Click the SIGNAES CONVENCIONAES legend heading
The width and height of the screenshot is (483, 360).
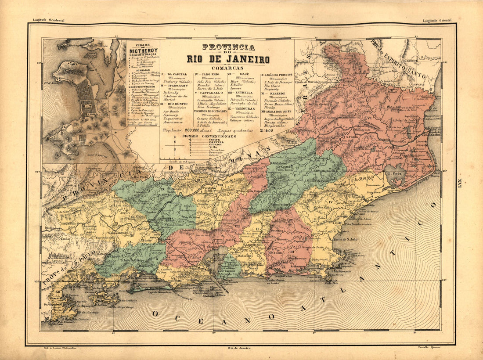coord(212,136)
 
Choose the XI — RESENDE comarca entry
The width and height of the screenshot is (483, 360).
coord(275,94)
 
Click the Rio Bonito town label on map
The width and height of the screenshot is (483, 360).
coord(276,253)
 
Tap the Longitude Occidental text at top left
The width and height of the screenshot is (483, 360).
coord(49,20)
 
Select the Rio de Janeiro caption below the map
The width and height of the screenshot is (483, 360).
coord(240,348)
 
